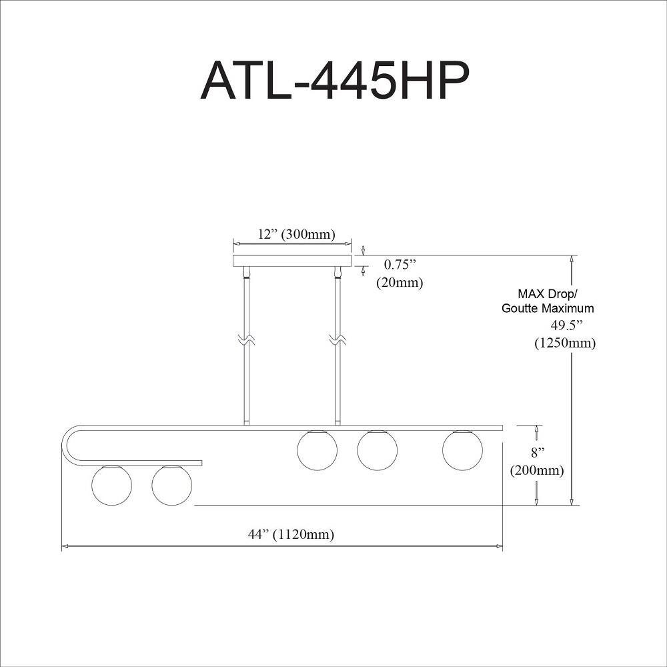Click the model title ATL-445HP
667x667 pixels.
pos(335,81)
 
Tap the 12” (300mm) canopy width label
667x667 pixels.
pos(297,234)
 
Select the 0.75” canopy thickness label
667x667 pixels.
pos(400,265)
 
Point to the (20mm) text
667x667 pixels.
pos(400,282)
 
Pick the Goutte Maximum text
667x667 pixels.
pos(548,308)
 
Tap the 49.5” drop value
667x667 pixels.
pos(566,325)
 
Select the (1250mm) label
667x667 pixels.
pos(565,343)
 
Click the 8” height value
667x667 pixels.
pos(538,453)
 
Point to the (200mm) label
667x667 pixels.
pos(537,470)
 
